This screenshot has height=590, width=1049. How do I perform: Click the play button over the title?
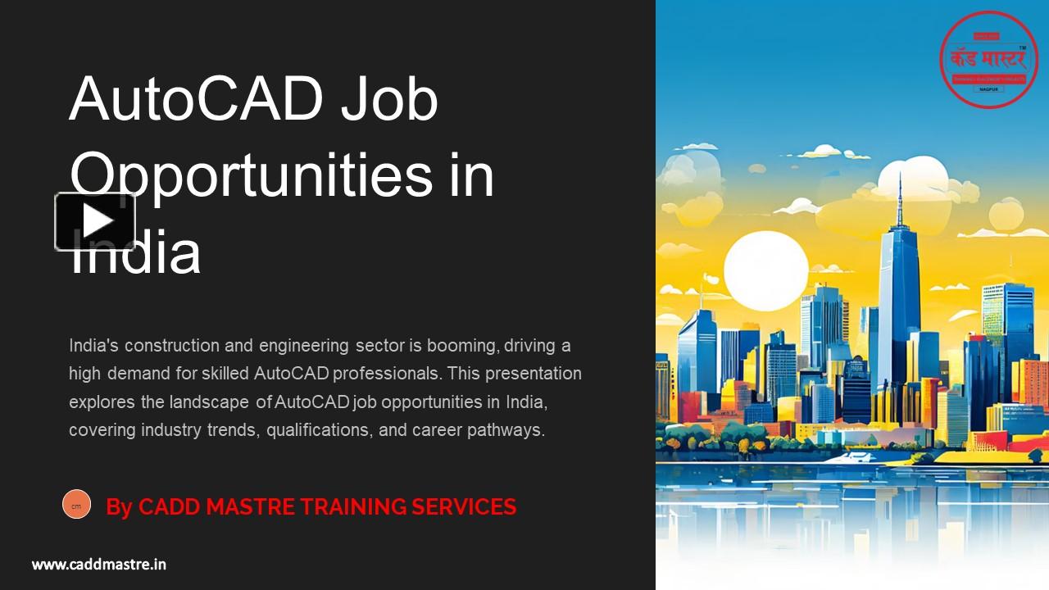coord(95,221)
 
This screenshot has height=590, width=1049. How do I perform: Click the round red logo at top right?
coord(989,59)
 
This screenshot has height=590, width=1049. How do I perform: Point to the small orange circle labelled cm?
coord(76,505)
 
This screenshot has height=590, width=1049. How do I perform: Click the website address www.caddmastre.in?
coord(99,564)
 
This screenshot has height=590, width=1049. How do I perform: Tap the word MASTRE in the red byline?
coord(250,507)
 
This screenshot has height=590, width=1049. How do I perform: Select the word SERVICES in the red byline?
coord(464,507)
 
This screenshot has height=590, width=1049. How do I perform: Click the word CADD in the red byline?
coord(169,507)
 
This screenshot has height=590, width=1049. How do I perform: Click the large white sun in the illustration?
coord(765,270)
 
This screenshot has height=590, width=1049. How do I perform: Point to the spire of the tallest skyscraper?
coord(899,197)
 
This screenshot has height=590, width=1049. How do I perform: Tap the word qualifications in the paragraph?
coord(320,429)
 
